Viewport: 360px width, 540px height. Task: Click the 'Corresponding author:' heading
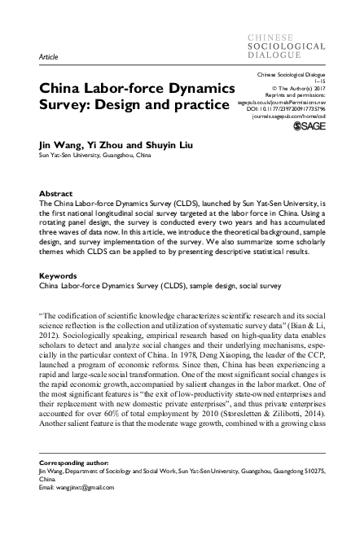click(x=75, y=460)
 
